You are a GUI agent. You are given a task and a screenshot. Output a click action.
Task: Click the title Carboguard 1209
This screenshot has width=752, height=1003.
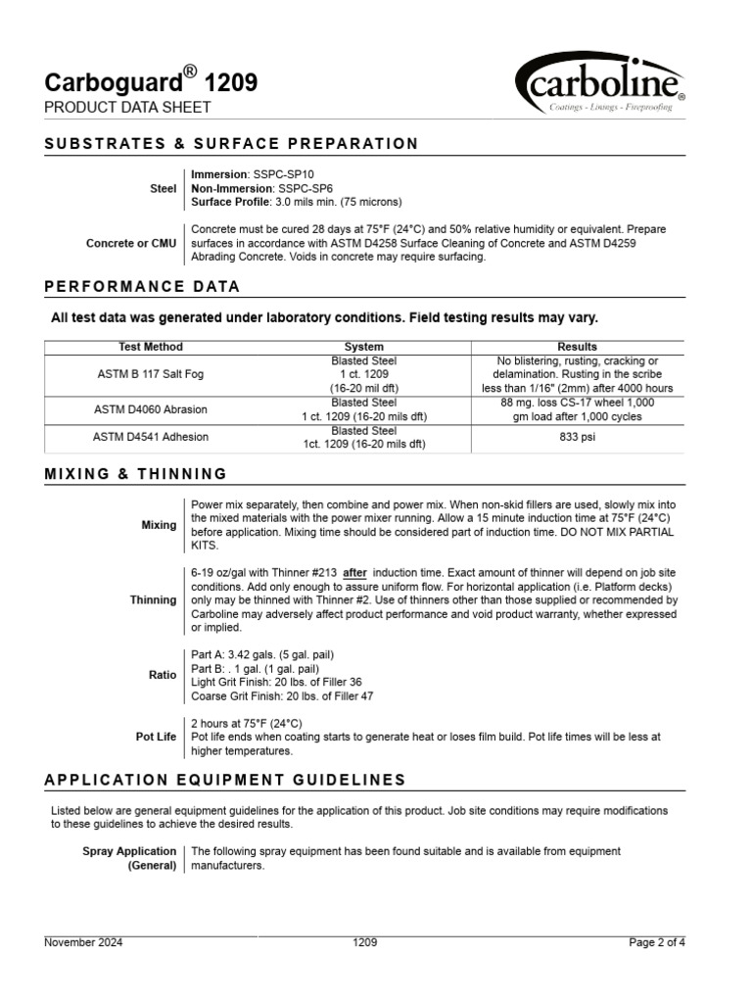point(152,82)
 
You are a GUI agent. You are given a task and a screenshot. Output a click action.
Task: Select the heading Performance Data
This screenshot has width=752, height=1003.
point(143,287)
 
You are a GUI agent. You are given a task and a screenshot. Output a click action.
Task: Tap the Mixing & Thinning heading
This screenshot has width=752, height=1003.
point(136,474)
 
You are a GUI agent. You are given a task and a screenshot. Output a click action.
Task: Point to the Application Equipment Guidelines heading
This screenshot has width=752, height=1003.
point(225,780)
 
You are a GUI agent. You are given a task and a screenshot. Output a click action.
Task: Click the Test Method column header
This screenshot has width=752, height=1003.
point(150,347)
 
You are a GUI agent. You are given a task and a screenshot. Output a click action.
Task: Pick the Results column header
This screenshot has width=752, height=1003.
point(577,347)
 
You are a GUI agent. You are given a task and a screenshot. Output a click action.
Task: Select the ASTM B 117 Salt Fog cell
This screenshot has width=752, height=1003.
point(150,374)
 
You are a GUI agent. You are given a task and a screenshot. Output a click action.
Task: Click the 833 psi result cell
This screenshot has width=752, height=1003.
point(577,437)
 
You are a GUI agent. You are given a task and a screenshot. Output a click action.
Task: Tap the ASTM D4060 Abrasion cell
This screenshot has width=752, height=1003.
point(150,409)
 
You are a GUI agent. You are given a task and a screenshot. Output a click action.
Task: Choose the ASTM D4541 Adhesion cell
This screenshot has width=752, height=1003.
point(150,437)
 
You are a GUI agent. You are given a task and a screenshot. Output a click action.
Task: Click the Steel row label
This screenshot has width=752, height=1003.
point(164,188)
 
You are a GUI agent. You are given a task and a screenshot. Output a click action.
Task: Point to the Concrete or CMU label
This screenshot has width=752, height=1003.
point(131,243)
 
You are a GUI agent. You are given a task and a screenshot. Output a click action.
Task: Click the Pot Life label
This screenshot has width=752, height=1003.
point(156,738)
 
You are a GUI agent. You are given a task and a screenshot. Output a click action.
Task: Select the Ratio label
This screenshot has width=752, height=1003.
point(163,675)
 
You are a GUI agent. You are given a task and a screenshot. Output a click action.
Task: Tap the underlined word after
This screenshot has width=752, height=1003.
point(354,572)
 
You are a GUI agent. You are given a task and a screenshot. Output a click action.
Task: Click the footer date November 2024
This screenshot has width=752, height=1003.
point(84,942)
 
